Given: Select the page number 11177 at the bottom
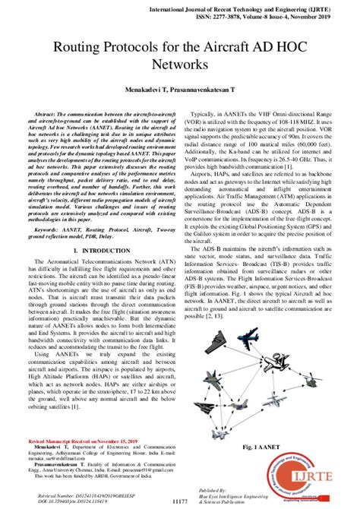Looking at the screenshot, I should (181, 501).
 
